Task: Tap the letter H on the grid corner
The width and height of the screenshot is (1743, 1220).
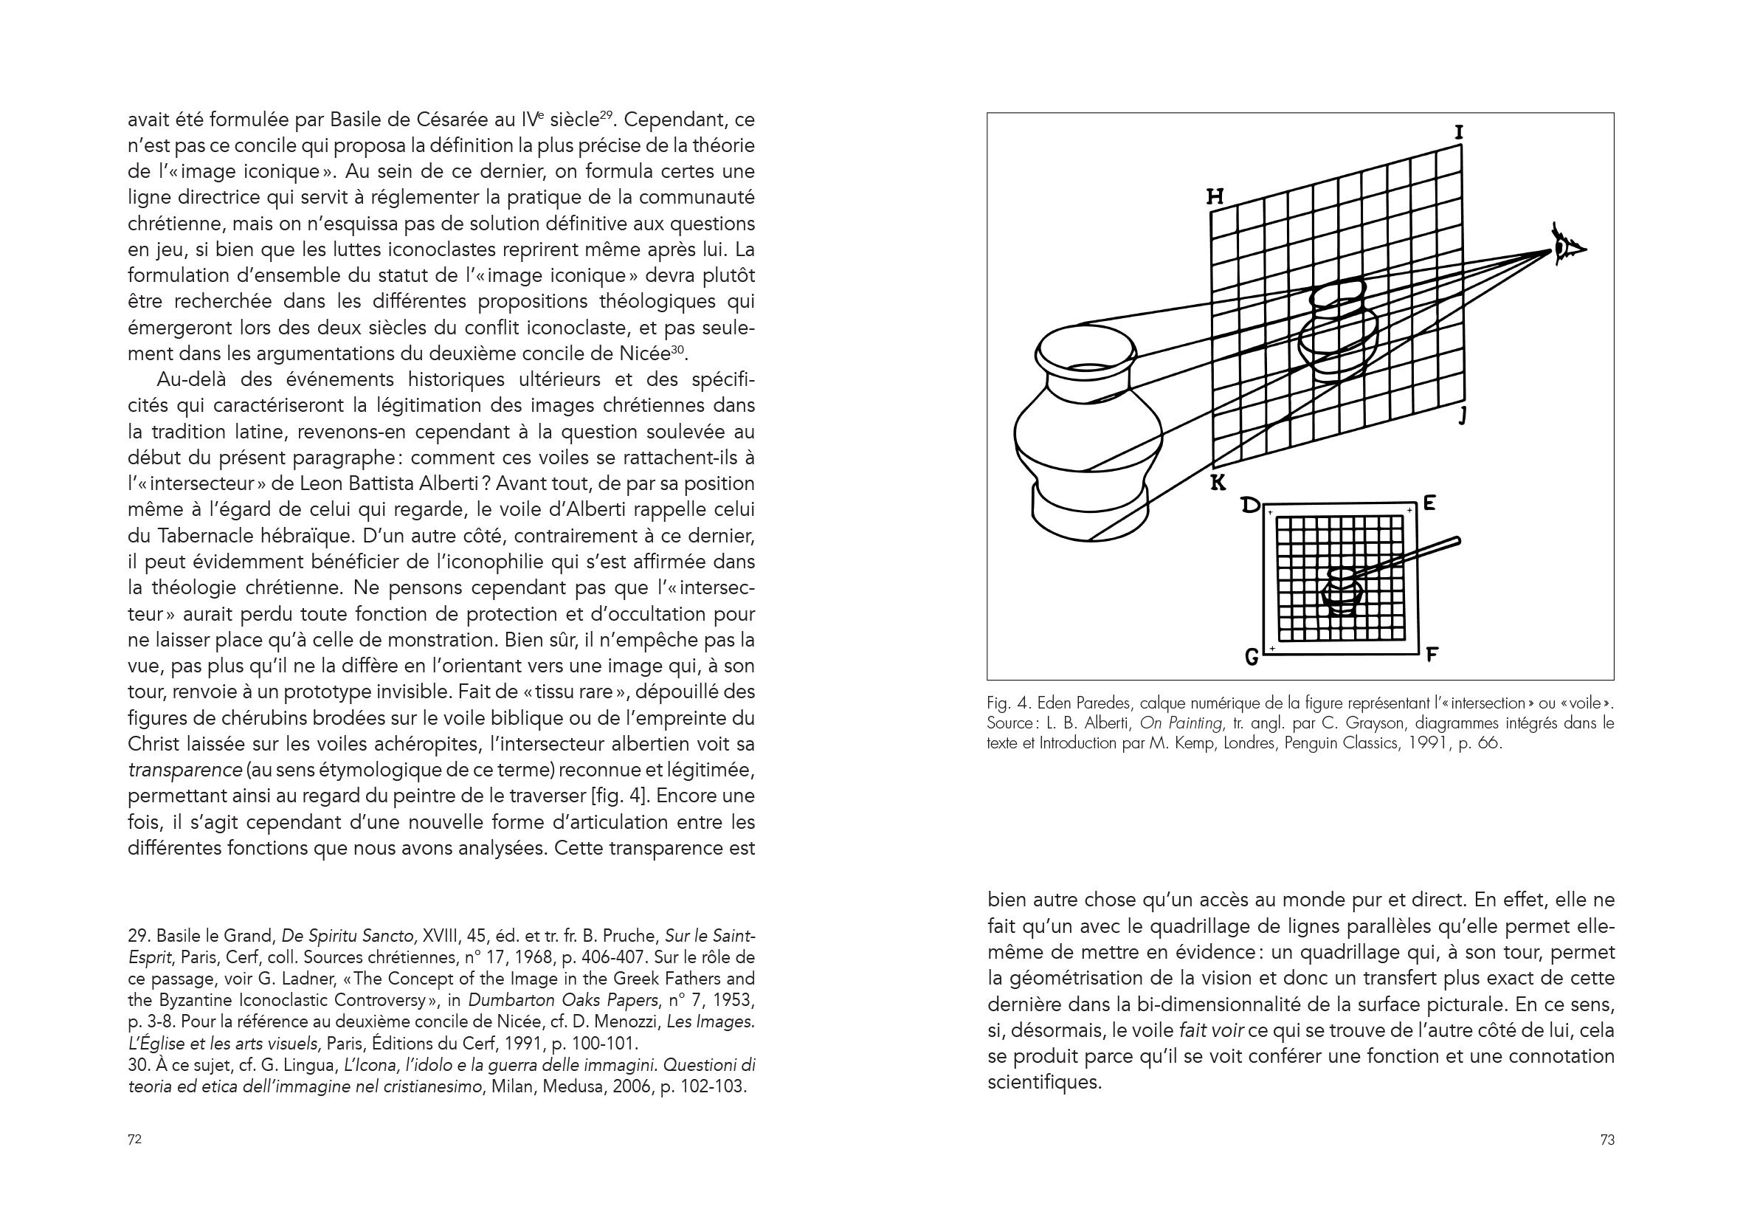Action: point(1215,196)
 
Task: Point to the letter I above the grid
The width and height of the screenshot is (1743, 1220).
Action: point(1458,133)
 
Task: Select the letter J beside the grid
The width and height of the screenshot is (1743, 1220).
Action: point(1463,416)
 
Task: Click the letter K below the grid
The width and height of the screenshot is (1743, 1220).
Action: point(1218,482)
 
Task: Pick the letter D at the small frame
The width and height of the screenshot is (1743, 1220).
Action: point(1249,504)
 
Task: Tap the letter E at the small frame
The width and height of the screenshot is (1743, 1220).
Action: point(1429,503)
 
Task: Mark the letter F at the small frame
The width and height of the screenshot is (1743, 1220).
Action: point(1432,654)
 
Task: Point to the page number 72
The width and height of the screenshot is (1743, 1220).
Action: point(134,1140)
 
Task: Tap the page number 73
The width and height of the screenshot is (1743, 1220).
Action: point(1607,1140)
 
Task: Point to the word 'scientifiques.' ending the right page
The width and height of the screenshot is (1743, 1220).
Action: point(1044,1082)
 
